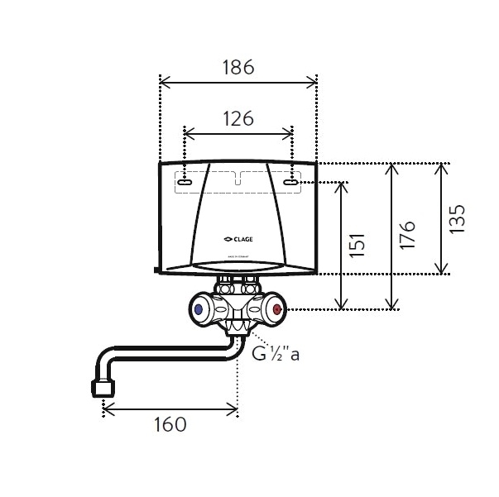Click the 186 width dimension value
click(x=237, y=66)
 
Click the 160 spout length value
click(x=169, y=424)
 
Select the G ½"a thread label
click(x=274, y=356)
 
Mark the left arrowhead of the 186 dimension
click(x=162, y=81)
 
